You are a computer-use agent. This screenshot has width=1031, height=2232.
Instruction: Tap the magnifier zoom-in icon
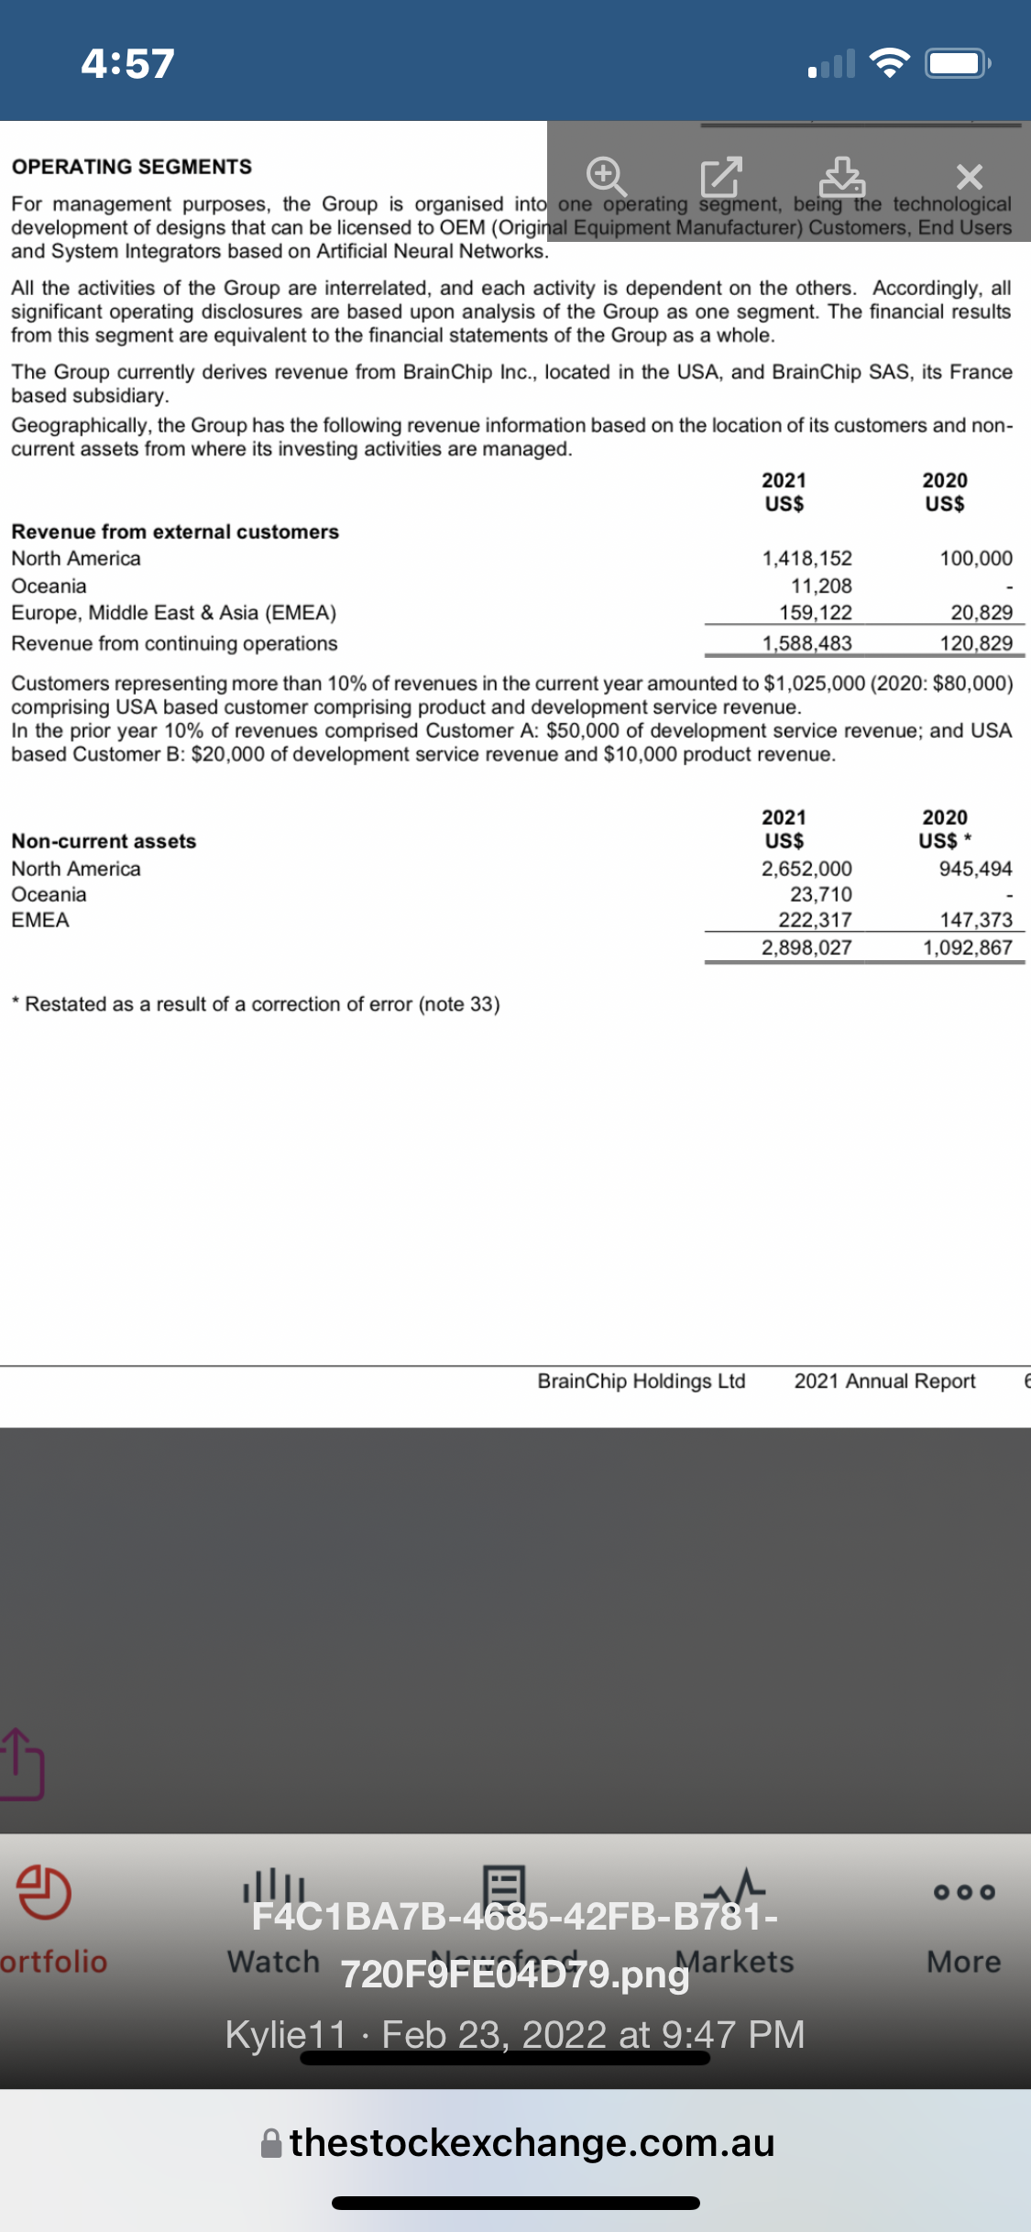click(x=607, y=175)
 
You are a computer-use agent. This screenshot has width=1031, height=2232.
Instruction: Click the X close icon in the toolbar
click(x=969, y=176)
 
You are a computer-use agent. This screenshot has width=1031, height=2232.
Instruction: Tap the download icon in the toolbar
click(x=841, y=176)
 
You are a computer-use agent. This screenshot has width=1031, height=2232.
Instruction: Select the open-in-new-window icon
click(x=720, y=176)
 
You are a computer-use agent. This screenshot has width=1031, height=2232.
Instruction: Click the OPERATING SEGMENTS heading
click(x=131, y=167)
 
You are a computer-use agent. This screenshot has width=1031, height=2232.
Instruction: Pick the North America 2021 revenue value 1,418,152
click(x=806, y=558)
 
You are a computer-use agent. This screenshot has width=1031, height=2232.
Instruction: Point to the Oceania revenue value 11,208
click(x=821, y=585)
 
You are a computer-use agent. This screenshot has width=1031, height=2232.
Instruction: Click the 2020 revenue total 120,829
click(x=975, y=643)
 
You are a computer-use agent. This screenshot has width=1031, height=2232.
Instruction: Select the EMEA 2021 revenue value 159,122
click(x=815, y=612)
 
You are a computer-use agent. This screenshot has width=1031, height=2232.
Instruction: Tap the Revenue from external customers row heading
click(x=175, y=531)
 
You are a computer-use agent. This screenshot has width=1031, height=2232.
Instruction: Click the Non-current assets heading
click(x=104, y=841)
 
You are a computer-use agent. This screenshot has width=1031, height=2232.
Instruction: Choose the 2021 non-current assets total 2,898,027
click(x=806, y=947)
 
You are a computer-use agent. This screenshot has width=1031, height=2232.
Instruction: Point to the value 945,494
click(x=975, y=868)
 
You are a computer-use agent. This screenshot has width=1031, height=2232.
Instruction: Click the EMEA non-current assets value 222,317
click(x=815, y=920)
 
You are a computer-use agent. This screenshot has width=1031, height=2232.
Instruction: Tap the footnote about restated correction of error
click(x=256, y=1004)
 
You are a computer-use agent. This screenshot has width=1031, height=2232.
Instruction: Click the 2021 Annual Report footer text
click(x=884, y=1381)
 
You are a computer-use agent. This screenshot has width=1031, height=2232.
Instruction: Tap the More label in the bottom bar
click(x=963, y=1962)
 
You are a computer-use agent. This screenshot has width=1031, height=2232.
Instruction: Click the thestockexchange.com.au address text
click(x=532, y=2143)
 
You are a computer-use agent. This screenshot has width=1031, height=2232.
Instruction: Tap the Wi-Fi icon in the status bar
click(x=888, y=63)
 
